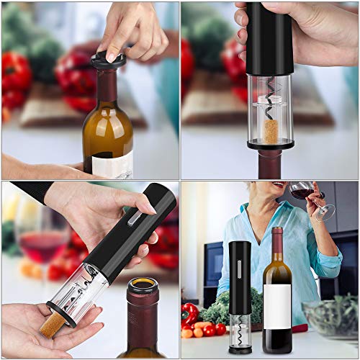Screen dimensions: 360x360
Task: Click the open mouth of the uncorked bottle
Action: (x=142, y=290)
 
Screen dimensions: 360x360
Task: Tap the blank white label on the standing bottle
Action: (x=277, y=305)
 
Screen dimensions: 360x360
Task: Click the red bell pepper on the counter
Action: (x=190, y=314)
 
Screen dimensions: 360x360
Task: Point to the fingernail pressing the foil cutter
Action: (x=112, y=55)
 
